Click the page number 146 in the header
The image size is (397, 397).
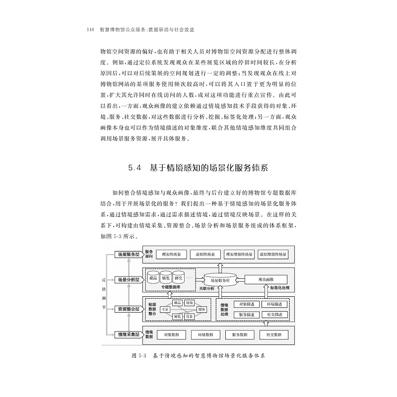90,30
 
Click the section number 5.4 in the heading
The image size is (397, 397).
135,168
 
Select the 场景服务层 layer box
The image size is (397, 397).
128,254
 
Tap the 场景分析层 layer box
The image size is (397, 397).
128,279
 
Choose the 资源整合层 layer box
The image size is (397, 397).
128,309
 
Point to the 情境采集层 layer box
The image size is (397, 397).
128,334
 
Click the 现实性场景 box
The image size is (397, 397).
172,254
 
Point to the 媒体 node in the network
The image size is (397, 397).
202,309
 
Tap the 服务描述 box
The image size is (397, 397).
246,315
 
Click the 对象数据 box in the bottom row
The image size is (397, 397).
172,334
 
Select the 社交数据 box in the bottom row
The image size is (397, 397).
273,334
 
